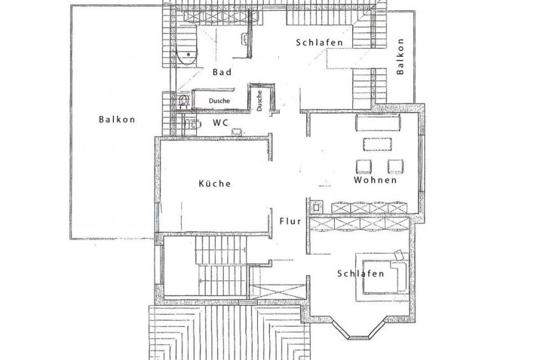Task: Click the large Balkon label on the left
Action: click(x=117, y=120)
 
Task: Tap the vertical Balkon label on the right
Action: click(x=400, y=57)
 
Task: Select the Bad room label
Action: click(x=222, y=72)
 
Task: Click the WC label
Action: click(x=220, y=122)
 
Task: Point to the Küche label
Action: click(x=215, y=184)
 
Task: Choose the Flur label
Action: click(x=290, y=221)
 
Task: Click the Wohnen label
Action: click(x=375, y=180)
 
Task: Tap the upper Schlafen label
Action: click(x=320, y=43)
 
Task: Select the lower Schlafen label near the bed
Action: click(x=360, y=273)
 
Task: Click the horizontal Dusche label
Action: click(x=219, y=101)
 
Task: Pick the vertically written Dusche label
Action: click(x=260, y=101)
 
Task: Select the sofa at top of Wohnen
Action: click(x=378, y=123)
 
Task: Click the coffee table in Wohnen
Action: click(x=377, y=145)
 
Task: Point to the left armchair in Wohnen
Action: click(x=364, y=167)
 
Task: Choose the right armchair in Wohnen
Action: click(x=395, y=167)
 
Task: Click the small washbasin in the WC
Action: click(x=237, y=132)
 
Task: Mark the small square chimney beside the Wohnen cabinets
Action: click(x=316, y=207)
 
